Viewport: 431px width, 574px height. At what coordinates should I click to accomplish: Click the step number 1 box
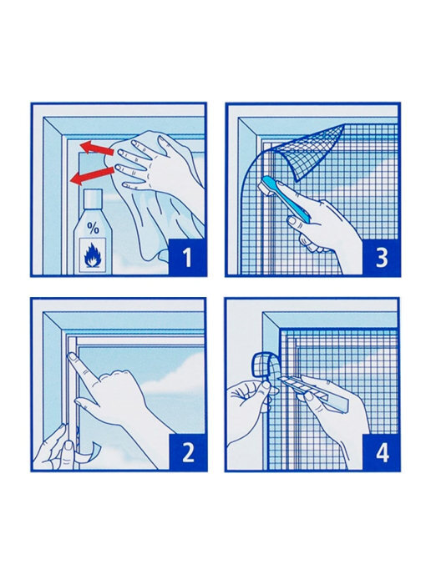pos(187,257)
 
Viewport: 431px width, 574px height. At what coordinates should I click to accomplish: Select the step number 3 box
pos(381,257)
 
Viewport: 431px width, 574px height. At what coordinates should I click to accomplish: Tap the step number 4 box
pos(381,452)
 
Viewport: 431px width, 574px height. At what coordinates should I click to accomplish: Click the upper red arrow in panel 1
pos(97,149)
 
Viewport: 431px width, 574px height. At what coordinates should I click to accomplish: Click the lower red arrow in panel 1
pos(92,176)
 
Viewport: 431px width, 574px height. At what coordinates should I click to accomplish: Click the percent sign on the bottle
pos(93,229)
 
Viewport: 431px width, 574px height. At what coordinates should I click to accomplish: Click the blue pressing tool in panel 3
pos(286,196)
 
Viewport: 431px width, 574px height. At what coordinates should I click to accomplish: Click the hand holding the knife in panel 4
pos(330,414)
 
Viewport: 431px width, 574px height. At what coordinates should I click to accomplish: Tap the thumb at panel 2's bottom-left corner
pos(68,454)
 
